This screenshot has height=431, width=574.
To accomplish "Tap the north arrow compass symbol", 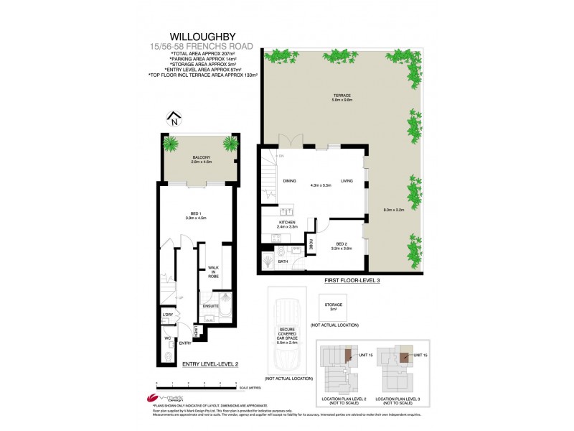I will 173,119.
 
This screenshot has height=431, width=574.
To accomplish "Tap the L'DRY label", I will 168,315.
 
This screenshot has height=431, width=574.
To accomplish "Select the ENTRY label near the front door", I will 185,343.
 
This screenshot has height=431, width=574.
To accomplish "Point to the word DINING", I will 290,181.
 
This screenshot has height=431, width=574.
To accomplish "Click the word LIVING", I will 347,181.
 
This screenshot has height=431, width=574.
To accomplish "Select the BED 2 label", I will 341,246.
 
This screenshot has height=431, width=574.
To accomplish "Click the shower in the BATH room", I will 266,254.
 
